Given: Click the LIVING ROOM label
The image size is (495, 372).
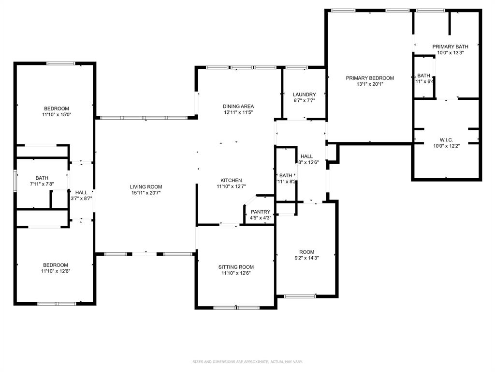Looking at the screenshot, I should pos(146,186).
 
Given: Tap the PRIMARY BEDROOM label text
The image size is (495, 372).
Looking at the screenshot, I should pos(369,78).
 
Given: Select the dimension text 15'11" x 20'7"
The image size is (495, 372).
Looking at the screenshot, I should pos(146,193).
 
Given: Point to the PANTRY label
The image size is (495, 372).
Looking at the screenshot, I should pos(260,212).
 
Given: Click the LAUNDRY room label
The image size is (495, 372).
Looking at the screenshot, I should pos(304,94).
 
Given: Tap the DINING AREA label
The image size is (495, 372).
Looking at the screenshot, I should pos(238,106).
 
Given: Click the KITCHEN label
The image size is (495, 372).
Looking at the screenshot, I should pos(231,180).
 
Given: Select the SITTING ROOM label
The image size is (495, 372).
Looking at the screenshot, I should pos(236,267).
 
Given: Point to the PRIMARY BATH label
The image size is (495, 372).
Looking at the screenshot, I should pos(450,46).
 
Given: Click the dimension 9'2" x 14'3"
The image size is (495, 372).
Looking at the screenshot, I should pos(306,258).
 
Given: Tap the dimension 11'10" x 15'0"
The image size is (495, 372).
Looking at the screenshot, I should pos(56,115).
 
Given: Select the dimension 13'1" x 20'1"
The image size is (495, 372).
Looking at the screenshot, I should pos(369,84).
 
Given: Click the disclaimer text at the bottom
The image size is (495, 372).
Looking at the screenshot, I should pos(247,362).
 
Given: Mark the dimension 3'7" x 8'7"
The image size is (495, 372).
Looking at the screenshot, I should pos(81,199).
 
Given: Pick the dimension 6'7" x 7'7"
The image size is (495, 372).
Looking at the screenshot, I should pos(304,101).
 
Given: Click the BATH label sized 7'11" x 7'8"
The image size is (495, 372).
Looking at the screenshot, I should pos(42,178).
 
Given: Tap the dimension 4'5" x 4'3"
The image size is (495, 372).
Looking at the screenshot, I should pos(260,218).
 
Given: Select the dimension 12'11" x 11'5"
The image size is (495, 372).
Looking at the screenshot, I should pos(238,112).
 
